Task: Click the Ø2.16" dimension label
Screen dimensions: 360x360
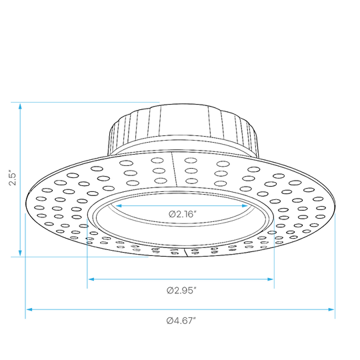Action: [183, 215]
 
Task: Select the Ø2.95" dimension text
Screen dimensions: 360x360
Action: [181, 291]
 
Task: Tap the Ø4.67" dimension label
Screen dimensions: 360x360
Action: [181, 321]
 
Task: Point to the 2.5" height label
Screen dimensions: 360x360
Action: [13, 177]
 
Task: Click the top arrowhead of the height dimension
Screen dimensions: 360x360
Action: [20, 106]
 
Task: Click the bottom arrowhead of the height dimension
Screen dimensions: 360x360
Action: [20, 253]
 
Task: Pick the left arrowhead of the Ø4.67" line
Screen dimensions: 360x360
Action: [29, 309]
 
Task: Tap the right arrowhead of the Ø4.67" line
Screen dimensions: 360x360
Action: [331, 309]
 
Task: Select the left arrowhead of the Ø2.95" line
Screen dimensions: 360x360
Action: [91, 279]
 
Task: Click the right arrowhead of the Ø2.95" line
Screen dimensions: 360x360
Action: [270, 279]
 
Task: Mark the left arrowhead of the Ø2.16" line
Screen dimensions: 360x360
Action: [119, 206]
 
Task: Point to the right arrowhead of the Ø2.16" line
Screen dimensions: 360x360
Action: [245, 206]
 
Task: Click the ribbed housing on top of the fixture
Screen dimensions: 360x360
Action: [183, 129]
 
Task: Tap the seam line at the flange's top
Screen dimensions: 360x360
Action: [175, 169]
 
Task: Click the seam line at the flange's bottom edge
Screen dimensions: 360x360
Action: [186, 252]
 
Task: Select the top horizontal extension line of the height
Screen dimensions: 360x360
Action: [85, 102]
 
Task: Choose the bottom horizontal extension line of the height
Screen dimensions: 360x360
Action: [79, 257]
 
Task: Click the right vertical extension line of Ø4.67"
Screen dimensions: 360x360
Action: [335, 266]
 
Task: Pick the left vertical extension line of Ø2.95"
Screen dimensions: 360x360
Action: [87, 253]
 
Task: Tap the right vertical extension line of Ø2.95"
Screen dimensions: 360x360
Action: [274, 253]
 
